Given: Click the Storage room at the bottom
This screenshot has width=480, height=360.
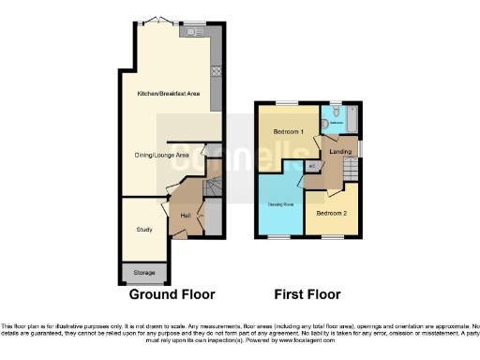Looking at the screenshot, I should coord(144,272).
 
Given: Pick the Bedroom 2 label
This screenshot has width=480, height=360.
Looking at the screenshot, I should coord(333,214).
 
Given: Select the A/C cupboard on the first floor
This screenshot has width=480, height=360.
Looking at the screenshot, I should coord(312,167).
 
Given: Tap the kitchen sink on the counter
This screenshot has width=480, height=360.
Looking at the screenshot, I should coord(194,33).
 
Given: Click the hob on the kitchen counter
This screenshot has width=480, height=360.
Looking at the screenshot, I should coord(217,70).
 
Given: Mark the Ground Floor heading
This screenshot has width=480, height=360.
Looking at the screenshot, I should coord(172,294).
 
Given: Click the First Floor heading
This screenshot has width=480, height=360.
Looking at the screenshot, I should coord(306,294).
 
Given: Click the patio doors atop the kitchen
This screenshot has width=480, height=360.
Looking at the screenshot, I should coord(164,21).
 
